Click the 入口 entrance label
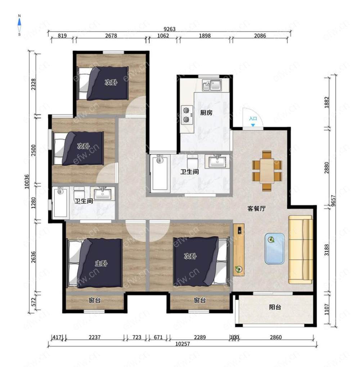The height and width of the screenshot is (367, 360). [x=253, y=118]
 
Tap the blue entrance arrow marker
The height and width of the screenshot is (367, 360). [x=253, y=125]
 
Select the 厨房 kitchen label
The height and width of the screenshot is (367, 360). [x=206, y=113]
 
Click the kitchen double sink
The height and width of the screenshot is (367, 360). [x=212, y=85]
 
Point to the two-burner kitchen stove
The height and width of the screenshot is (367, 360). [x=187, y=115]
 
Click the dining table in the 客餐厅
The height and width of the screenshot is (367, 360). [x=267, y=171]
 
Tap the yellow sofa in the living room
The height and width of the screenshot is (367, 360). [x=301, y=249]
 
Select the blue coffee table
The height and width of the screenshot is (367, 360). [x=275, y=249]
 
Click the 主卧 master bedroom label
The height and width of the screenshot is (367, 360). [x=101, y=263]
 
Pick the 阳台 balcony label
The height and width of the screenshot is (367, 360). [x=275, y=307]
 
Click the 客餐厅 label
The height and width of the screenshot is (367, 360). [x=257, y=208]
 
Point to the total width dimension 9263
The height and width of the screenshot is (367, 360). [x=169, y=29]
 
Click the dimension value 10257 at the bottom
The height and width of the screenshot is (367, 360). [x=183, y=344]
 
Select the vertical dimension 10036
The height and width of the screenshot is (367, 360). [x=27, y=181]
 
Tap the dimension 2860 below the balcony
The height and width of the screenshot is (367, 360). [x=276, y=337]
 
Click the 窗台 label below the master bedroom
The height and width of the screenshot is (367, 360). [x=95, y=300]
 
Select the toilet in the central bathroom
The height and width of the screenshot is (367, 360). [x=193, y=161]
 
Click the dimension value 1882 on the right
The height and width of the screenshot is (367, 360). [x=327, y=102]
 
